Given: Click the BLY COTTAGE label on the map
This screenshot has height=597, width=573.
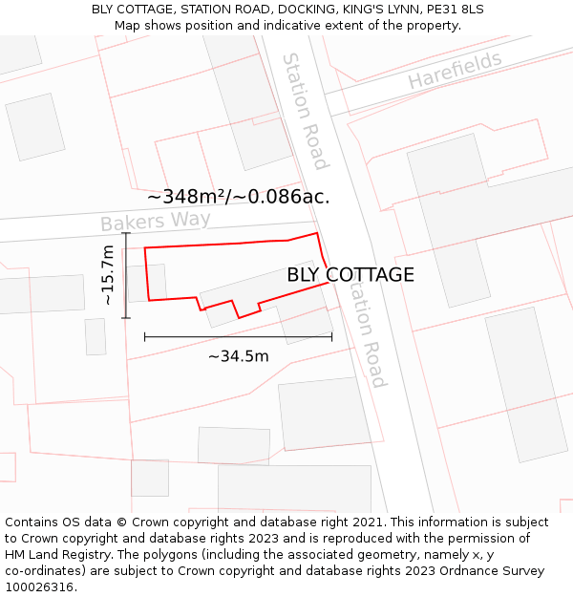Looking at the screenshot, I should point(350,275).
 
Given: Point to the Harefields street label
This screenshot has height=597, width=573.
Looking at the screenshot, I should point(455,72).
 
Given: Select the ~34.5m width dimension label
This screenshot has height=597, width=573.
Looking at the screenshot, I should point(238,357).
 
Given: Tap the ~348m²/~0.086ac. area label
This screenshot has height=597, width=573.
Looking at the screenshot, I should point(238,197).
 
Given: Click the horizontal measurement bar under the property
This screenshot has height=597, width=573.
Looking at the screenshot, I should point(238,336).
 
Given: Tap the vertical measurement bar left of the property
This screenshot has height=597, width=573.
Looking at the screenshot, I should point(126,275).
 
